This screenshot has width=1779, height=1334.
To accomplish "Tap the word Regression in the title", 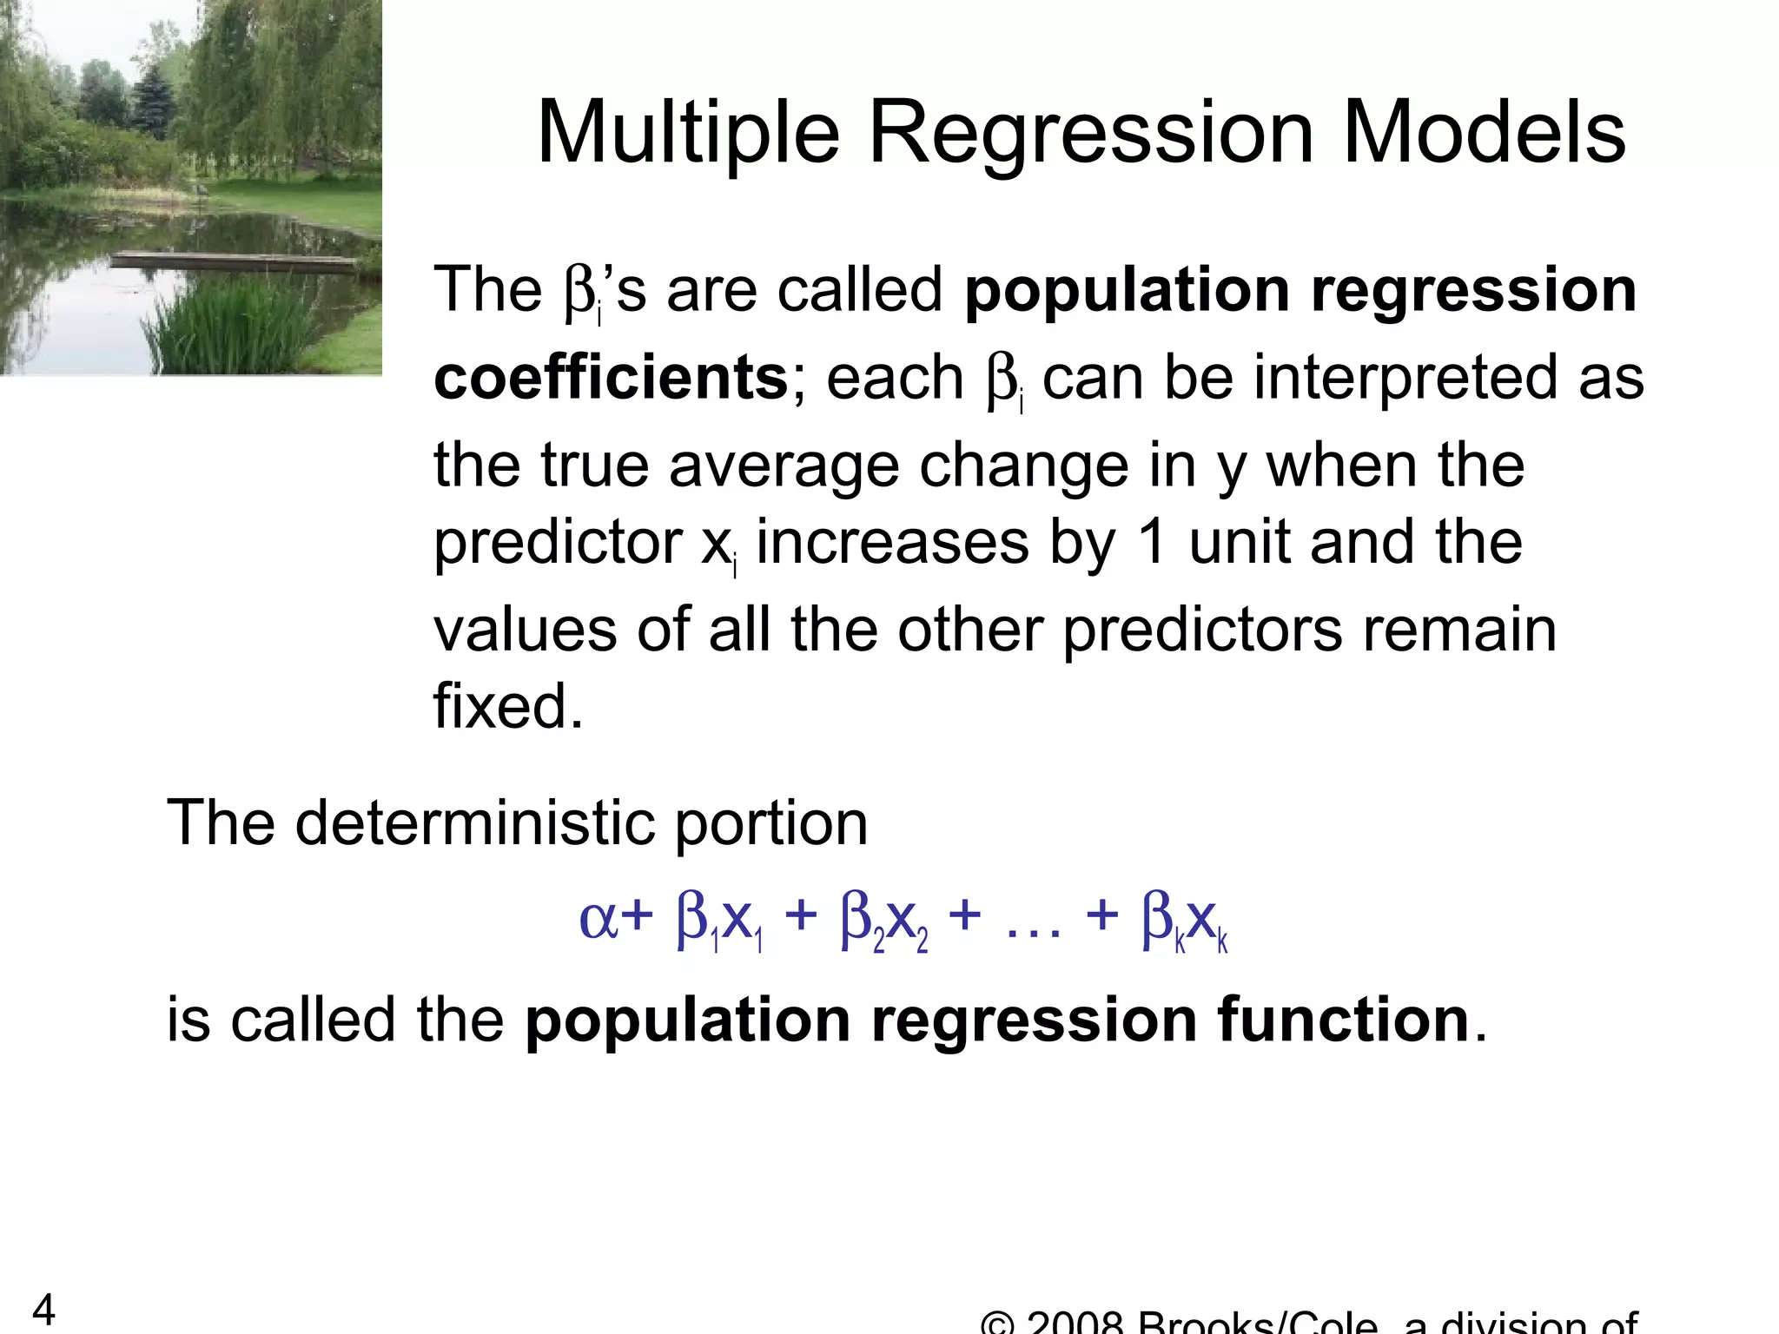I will click(x=1091, y=133).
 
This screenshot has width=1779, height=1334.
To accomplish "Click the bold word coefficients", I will click(x=611, y=379).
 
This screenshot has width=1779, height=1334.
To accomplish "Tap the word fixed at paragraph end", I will click(x=508, y=706).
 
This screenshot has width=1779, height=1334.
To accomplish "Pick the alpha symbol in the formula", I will click(x=598, y=919).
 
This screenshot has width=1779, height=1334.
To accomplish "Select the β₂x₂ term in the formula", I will click(x=884, y=921).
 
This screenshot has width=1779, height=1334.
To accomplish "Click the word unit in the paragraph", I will click(x=1238, y=543).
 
